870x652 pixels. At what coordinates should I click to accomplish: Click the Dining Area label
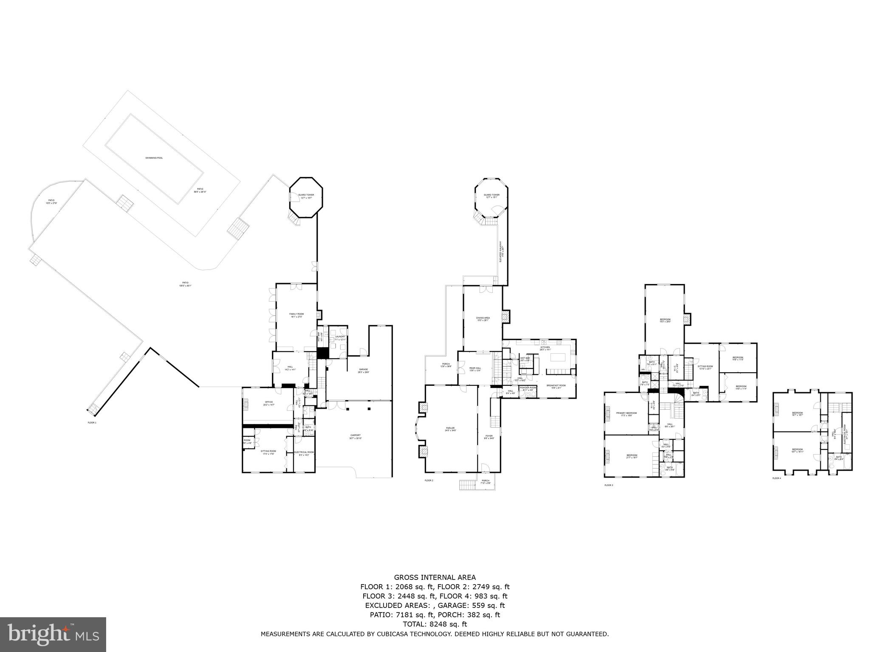click(483, 319)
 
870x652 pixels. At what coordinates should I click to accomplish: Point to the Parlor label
click(450, 429)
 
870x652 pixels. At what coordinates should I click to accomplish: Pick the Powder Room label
click(528, 388)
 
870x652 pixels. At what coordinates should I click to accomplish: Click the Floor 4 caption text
click(777, 478)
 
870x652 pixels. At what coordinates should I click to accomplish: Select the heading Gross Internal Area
click(435, 577)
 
